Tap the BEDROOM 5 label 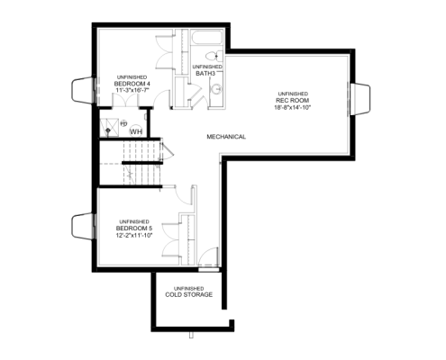tap(132, 229)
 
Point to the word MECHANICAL tap(226, 137)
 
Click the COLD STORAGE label tap(188, 294)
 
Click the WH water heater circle tap(136, 130)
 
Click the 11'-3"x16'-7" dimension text tap(132, 91)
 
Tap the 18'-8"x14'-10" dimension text tap(292, 107)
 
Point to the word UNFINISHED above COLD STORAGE tap(188, 288)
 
